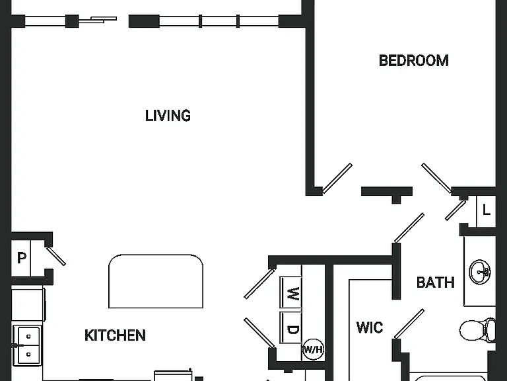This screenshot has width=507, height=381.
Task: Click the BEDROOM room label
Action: (x=413, y=61)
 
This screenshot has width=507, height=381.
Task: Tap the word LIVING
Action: (x=168, y=116)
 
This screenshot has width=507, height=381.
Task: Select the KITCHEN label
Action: (x=115, y=335)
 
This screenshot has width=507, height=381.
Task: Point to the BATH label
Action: (x=435, y=282)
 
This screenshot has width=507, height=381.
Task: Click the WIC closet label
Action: (x=370, y=327)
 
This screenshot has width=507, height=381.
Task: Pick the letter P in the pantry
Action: (x=21, y=258)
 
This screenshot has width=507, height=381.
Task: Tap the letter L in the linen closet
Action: (x=487, y=210)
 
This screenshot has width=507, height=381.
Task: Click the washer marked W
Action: (x=291, y=293)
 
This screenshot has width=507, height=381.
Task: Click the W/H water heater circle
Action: (x=313, y=349)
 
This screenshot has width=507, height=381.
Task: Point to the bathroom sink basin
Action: (x=480, y=271)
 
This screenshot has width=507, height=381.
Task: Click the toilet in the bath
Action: (x=477, y=330)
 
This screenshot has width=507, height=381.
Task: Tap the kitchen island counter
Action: (x=156, y=281)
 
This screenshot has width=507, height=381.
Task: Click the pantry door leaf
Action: (x=56, y=256)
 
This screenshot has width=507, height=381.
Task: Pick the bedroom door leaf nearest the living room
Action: (x=337, y=178)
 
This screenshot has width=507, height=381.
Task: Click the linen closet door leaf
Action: (x=456, y=210)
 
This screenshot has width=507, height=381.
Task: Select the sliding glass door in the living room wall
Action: (x=98, y=20)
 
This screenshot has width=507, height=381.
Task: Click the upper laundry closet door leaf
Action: (x=259, y=284)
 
